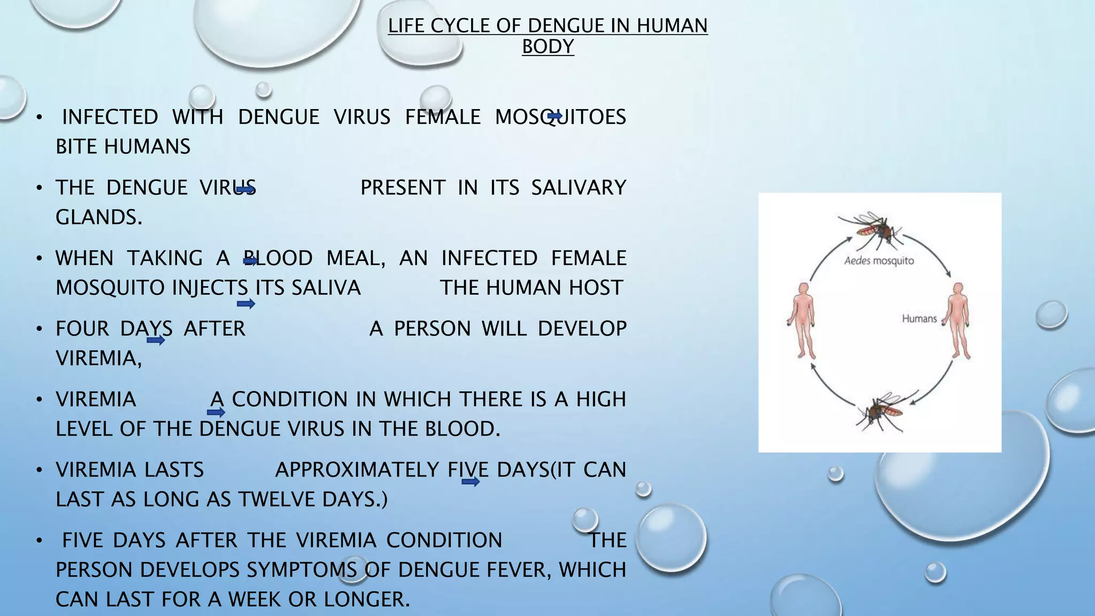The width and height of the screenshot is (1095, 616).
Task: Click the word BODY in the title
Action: [547, 47]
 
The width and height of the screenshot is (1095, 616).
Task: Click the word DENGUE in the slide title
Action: [568, 26]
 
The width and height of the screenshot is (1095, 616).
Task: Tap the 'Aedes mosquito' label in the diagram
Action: [879, 261]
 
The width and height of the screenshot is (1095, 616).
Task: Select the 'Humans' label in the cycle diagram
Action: [919, 319]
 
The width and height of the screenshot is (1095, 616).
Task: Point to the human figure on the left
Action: [801, 320]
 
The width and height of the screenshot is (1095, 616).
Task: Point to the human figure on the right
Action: [959, 320]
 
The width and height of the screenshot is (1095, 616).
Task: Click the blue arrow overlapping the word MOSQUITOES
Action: [554, 116]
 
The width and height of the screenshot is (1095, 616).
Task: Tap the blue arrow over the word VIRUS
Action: [246, 189]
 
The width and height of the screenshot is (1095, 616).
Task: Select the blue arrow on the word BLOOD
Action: [251, 261]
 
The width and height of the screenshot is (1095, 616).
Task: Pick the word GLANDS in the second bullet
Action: [99, 217]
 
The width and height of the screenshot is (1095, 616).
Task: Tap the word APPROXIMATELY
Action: [357, 470]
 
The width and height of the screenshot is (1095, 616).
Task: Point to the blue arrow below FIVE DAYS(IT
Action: [471, 482]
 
